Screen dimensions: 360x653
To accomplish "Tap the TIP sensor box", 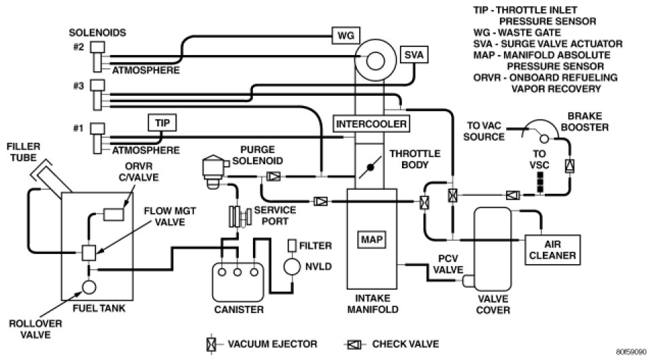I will pos(162,122).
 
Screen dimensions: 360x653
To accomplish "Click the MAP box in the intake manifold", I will pos(368,240).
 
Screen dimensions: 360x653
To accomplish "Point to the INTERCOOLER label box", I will pos(371,124).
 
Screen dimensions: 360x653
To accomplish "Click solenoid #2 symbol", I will pos(97,55).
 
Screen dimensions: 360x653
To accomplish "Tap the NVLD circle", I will pos(292,267).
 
